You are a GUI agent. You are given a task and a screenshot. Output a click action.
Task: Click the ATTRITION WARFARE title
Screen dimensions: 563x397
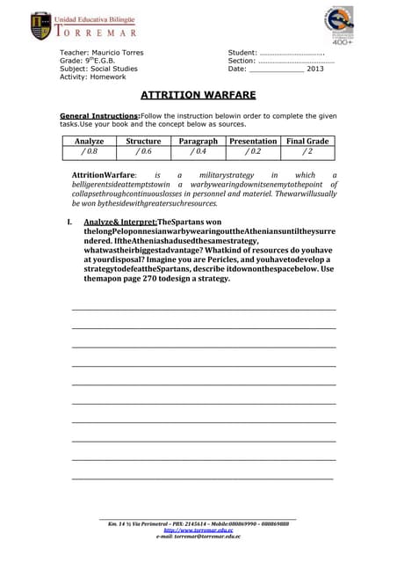198,95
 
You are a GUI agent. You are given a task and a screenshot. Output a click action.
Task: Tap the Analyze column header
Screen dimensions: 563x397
90,141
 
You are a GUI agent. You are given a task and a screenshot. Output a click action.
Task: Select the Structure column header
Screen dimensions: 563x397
143,141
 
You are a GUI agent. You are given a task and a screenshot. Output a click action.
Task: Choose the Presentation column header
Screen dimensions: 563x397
252,141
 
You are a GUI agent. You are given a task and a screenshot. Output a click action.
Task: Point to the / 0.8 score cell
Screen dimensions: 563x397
88,151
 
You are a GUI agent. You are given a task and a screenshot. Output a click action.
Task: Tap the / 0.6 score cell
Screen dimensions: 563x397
143,151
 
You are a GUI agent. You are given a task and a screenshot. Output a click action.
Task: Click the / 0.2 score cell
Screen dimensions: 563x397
252,151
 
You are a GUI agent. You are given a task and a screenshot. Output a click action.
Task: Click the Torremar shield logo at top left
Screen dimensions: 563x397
40,26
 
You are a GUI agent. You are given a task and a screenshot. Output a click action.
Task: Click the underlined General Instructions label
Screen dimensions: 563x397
99,116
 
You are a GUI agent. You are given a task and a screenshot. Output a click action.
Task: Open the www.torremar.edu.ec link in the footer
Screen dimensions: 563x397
198,530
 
